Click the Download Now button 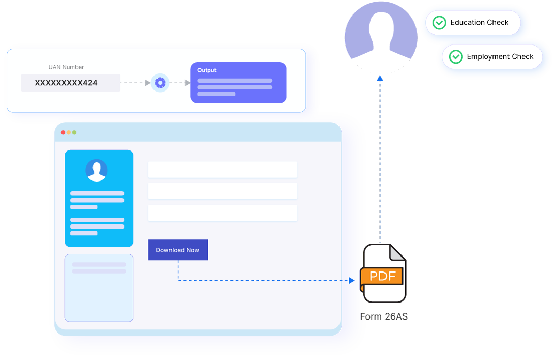(178, 250)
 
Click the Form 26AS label (384, 316)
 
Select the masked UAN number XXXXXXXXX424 (66, 83)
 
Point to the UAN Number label (66, 67)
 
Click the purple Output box (238, 83)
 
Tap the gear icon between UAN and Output (160, 83)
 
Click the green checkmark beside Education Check (439, 23)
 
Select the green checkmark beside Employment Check (456, 57)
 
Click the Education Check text (480, 23)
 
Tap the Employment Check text (500, 57)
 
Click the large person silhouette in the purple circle (381, 37)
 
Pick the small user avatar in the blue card (97, 170)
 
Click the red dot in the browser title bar (63, 132)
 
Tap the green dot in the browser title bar (74, 132)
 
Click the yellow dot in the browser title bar (69, 132)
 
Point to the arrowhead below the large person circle (380, 78)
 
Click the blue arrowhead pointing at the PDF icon (352, 280)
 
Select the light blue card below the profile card (99, 288)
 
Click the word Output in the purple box (207, 70)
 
